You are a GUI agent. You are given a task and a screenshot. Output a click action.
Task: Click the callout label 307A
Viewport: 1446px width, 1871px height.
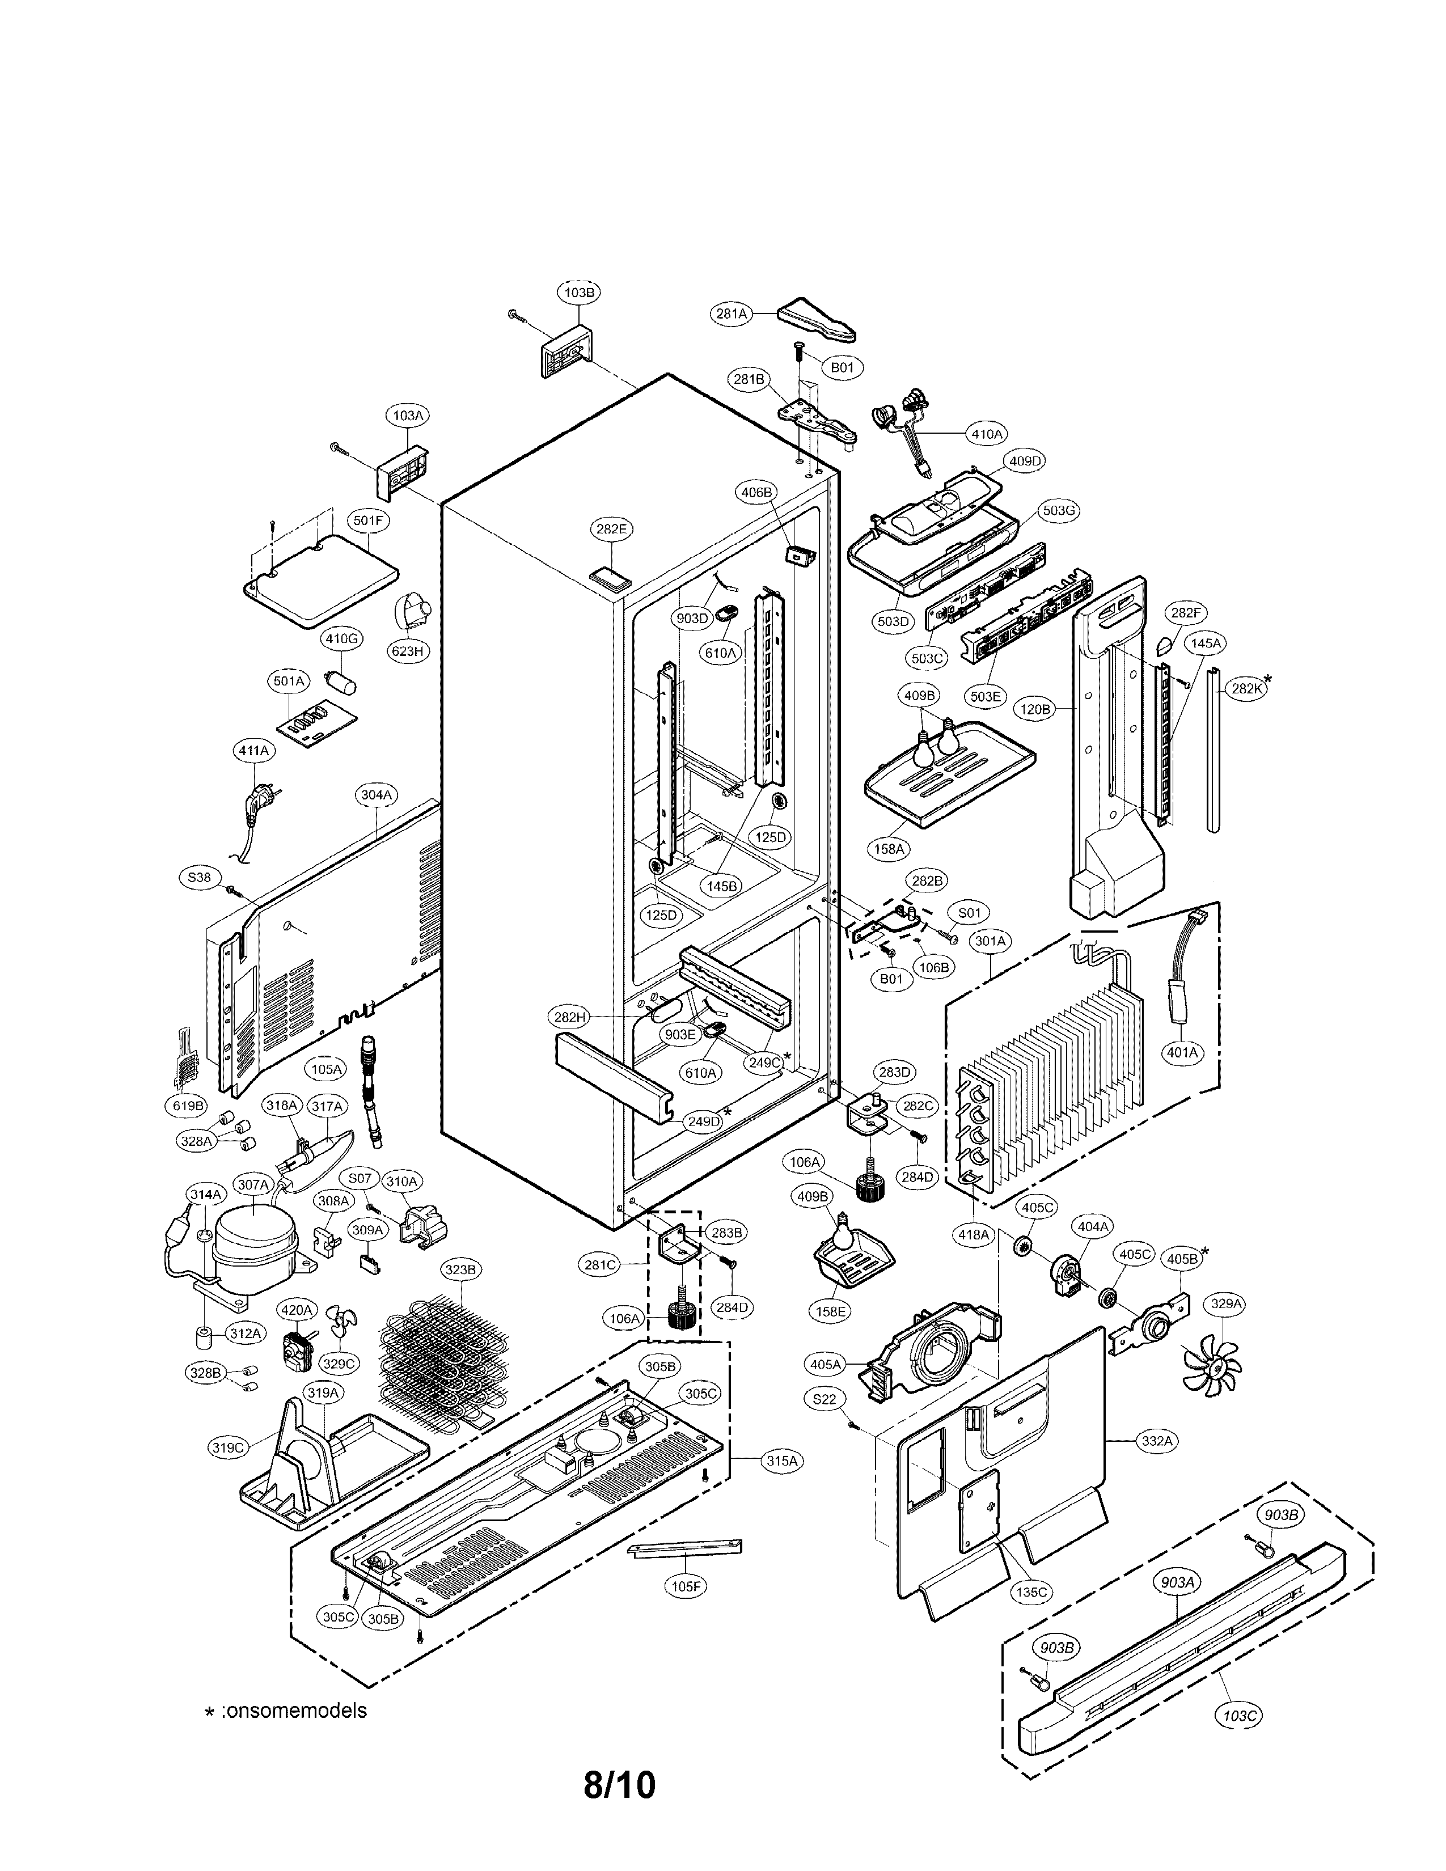pos(253,1185)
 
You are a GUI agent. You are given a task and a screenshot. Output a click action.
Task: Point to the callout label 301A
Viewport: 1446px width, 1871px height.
pos(990,941)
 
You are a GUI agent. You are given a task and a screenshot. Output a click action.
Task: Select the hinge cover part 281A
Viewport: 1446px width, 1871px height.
pos(818,319)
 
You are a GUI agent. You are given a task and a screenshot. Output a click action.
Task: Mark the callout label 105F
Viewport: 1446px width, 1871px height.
pos(686,1586)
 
